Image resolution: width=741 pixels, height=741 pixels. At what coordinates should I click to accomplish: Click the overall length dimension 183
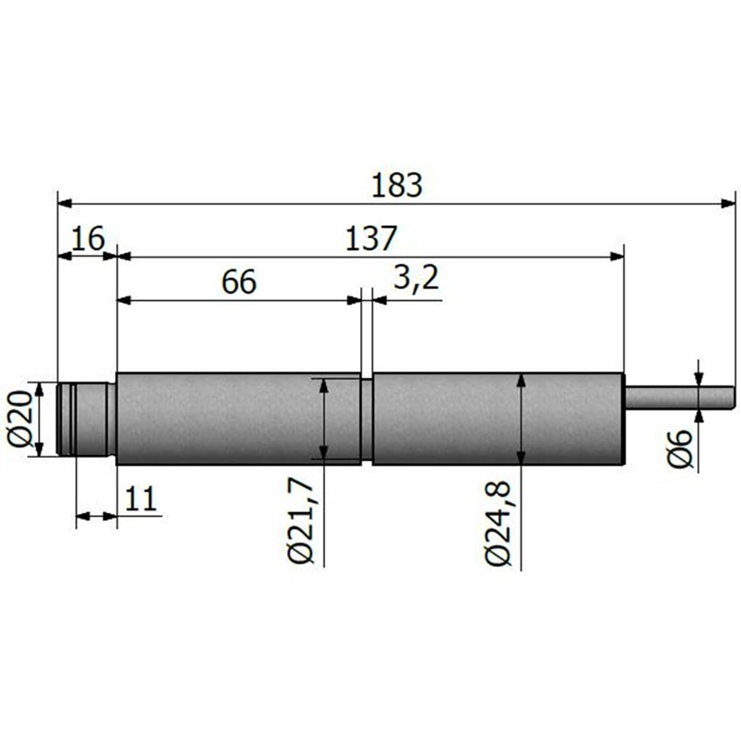(396, 185)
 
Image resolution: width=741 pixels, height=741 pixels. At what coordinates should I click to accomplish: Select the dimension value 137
(371, 239)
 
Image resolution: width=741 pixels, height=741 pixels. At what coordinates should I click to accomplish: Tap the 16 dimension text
(88, 238)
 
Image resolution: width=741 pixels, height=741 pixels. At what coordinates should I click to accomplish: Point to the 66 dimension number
(239, 282)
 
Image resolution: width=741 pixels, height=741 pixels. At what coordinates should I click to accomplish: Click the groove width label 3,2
(416, 279)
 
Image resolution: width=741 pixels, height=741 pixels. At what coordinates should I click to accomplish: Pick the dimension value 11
(142, 498)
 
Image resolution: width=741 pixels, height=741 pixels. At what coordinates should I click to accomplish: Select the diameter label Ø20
(19, 420)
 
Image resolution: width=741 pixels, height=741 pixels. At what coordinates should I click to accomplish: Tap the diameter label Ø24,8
(498, 523)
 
